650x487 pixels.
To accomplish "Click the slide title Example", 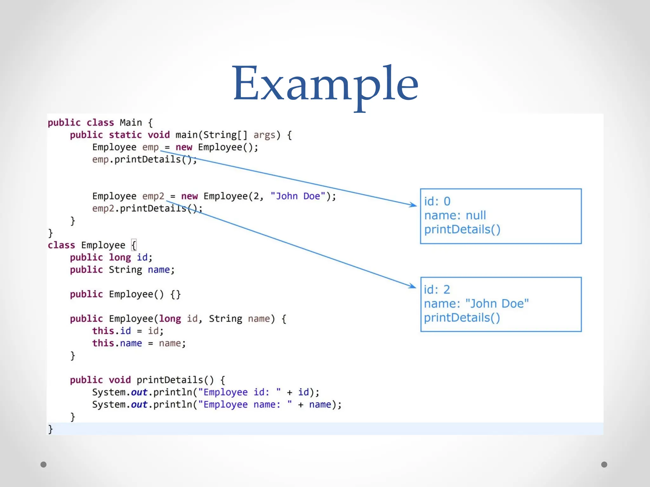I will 326,84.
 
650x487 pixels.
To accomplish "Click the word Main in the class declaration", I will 131,123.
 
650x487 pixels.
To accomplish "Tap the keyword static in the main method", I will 125,135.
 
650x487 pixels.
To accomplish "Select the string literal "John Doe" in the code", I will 298,196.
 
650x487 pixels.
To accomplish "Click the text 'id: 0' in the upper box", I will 437,201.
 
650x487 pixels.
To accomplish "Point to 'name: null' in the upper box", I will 455,216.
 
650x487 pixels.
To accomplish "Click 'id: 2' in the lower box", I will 437,289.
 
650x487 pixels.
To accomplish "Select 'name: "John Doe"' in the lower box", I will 476,304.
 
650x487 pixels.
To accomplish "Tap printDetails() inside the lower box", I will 462,318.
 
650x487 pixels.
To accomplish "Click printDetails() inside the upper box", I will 462,230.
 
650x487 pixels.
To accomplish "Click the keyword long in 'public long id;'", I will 120,257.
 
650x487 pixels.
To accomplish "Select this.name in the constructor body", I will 117,343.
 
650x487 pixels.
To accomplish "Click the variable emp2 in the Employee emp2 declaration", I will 153,196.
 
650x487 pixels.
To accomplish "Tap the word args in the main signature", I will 264,135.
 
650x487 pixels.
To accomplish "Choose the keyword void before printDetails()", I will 120,380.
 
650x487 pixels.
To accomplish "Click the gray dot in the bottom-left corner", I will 43,464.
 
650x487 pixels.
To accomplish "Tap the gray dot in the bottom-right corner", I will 604,464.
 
